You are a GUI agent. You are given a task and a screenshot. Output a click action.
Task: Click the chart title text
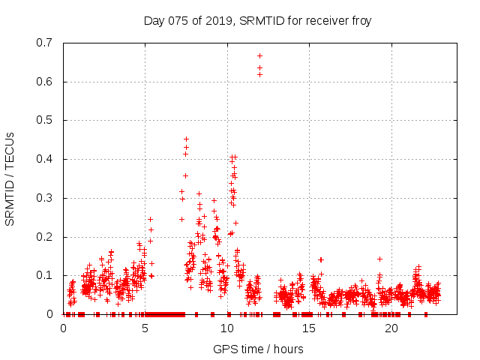[x=257, y=20]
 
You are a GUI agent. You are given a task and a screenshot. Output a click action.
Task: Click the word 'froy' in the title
[x=360, y=20]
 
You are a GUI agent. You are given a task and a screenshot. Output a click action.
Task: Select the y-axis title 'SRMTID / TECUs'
[x=10, y=178]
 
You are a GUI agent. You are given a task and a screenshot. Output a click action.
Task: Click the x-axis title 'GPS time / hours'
[x=258, y=349]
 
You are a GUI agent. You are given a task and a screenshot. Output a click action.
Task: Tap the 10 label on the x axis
[x=227, y=328]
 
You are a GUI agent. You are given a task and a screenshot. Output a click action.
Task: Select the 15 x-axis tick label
[x=309, y=328]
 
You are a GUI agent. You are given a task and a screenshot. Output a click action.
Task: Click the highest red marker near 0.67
[x=259, y=55]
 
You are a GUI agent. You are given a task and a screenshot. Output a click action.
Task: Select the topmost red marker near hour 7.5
[x=186, y=139]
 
